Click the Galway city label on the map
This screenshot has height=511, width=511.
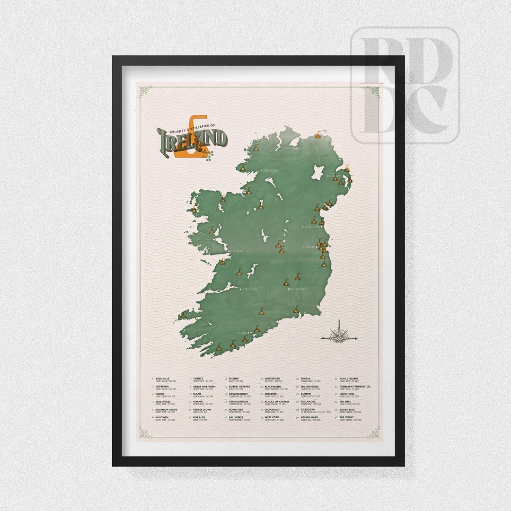[237, 251]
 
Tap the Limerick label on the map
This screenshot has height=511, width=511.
[249, 289]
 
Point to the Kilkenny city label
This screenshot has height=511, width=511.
[299, 289]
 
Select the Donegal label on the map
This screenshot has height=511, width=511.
[270, 170]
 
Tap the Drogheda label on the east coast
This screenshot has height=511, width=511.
[312, 227]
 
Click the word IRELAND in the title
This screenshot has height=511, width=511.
[192, 139]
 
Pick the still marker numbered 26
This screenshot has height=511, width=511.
[239, 273]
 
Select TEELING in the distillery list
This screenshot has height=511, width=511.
[234, 379]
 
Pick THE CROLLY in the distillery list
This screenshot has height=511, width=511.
[347, 417]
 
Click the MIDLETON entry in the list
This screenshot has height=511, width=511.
[272, 394]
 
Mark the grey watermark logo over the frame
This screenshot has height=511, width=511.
[405, 85]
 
